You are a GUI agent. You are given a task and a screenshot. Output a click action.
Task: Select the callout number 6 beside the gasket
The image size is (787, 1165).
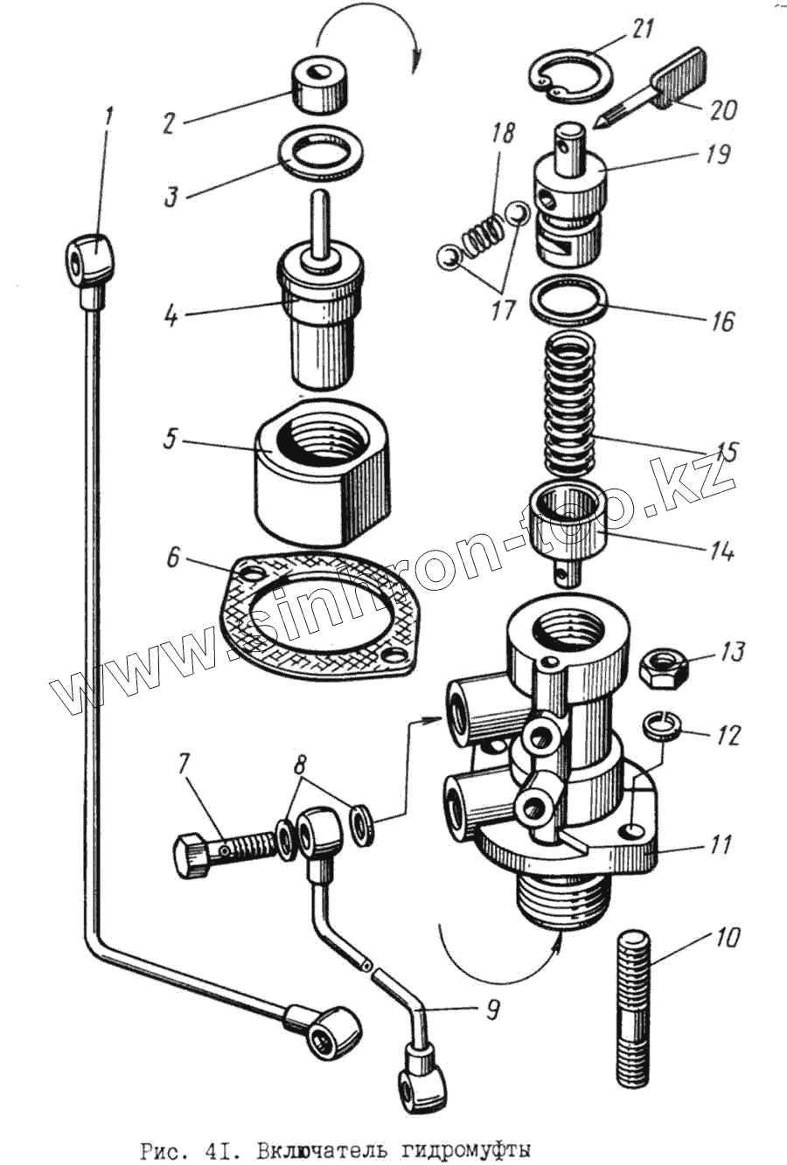(173, 557)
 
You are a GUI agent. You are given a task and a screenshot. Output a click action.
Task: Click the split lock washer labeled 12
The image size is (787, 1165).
(659, 725)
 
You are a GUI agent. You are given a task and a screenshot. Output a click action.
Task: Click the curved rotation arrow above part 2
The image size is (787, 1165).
(367, 35)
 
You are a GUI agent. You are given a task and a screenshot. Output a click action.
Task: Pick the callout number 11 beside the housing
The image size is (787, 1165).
(719, 846)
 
